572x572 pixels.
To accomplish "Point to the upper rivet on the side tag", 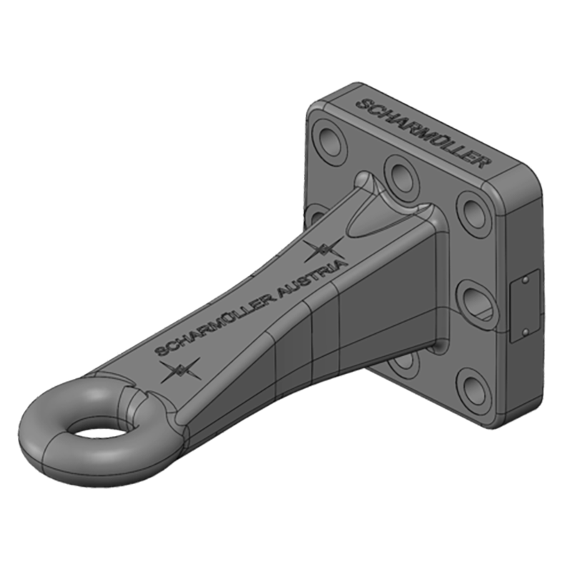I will [526, 282].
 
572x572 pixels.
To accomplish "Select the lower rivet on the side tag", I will [526, 330].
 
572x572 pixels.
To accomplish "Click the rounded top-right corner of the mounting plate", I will [533, 179].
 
